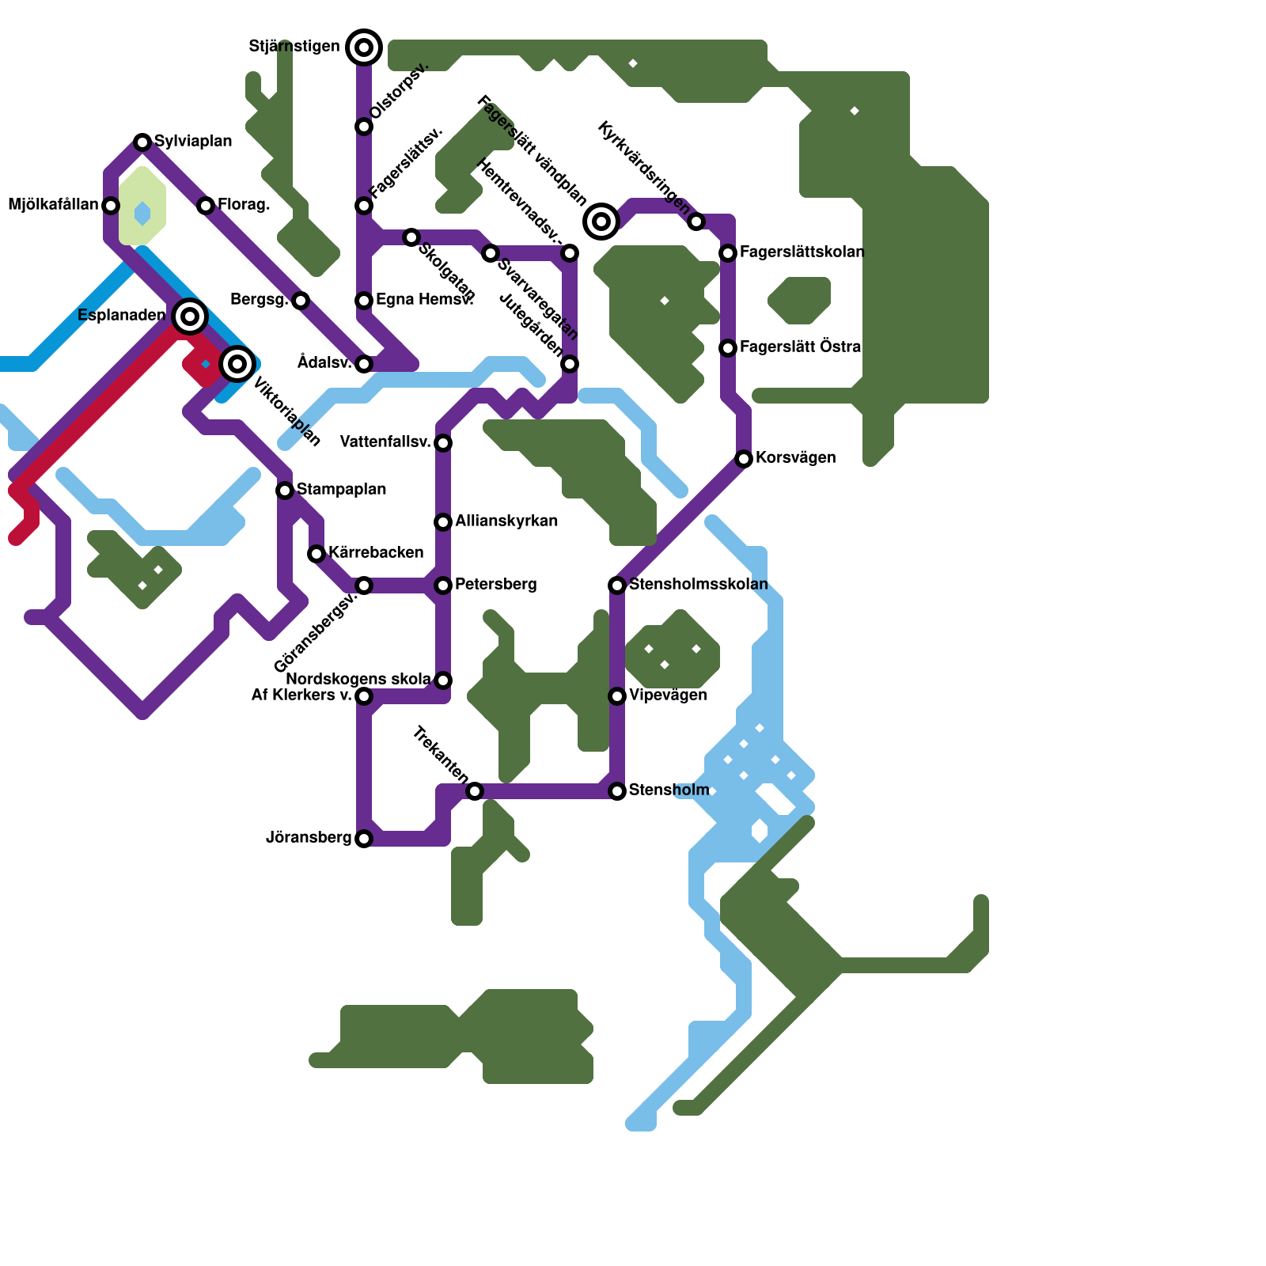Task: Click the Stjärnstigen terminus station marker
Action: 364,47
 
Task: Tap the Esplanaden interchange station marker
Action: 190,316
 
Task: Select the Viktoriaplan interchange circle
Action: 237,364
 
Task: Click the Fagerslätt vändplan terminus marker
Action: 601,222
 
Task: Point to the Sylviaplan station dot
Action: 142,142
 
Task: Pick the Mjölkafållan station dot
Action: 111,206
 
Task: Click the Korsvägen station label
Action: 795,458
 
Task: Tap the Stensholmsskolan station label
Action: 698,585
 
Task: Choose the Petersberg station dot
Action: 443,586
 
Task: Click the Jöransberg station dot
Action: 364,839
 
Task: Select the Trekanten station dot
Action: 475,791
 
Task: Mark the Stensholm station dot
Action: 617,791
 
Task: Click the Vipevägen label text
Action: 668,696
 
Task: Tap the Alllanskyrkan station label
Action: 506,521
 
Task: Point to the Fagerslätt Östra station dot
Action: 728,348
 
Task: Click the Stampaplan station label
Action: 341,490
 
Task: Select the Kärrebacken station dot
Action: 316,554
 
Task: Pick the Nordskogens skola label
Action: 358,680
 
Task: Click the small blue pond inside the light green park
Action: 142,213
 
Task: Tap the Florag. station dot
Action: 206,206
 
